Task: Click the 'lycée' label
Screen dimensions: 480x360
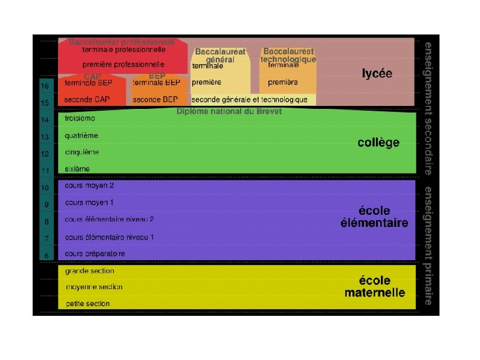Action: click(377, 74)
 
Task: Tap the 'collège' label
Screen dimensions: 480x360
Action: click(378, 143)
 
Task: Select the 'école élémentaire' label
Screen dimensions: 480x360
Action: click(374, 217)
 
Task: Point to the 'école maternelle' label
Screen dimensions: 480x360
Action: click(375, 287)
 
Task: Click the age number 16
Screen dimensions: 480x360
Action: click(45, 87)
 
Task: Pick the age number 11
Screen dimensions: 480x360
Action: click(45, 171)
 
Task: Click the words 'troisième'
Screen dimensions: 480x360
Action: click(80, 119)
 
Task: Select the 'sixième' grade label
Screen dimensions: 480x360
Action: click(77, 169)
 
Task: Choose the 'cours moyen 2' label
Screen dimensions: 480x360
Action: click(89, 185)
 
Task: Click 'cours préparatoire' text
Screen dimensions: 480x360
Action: click(95, 254)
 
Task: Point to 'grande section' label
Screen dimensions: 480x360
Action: click(89, 271)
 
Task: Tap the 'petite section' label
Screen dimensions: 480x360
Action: click(88, 304)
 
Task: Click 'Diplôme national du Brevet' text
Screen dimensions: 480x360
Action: click(229, 111)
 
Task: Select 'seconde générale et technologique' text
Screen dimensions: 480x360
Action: click(250, 99)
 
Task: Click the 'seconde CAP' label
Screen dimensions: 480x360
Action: click(87, 99)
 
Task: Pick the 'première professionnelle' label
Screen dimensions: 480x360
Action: click(123, 64)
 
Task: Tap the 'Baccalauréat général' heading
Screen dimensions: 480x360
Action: click(220, 56)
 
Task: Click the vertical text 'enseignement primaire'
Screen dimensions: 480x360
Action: click(428, 246)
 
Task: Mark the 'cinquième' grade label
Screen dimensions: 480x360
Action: click(82, 152)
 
